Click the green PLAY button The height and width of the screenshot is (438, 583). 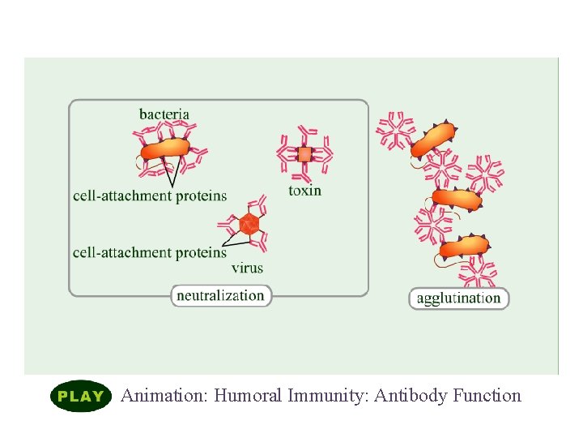[x=80, y=396]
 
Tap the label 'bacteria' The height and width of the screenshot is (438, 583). [x=164, y=114]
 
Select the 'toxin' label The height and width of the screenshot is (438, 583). [x=304, y=191]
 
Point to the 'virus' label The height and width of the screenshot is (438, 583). [x=247, y=268]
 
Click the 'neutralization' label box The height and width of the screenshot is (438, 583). [x=220, y=295]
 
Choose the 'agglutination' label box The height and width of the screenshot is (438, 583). [x=458, y=298]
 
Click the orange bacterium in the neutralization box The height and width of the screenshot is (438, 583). [x=165, y=149]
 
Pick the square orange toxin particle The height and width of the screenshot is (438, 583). [x=304, y=154]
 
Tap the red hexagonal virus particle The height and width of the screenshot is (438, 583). [x=249, y=223]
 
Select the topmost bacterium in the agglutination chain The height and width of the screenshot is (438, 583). [x=433, y=140]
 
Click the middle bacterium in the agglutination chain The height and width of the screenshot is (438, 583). [x=457, y=197]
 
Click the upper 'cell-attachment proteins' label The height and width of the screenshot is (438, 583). [x=150, y=195]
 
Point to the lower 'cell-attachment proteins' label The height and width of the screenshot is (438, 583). [x=150, y=252]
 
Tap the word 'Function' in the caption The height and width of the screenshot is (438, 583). [x=487, y=396]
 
